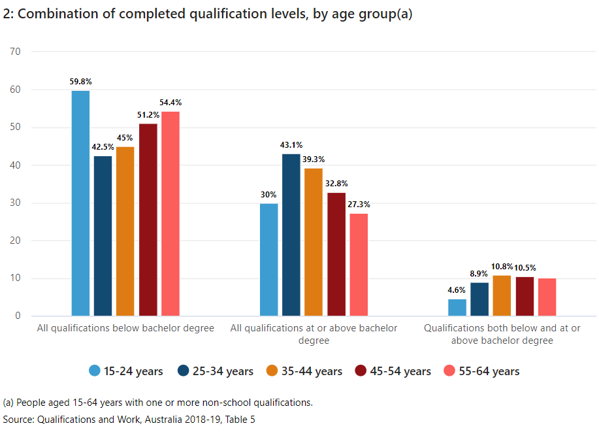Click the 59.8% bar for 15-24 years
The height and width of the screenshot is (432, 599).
click(80, 203)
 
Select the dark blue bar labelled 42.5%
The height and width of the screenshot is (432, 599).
click(103, 236)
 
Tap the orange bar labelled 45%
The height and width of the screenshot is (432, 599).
click(125, 231)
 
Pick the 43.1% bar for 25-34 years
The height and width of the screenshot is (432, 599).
click(291, 235)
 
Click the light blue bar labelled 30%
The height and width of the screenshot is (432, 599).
click(268, 259)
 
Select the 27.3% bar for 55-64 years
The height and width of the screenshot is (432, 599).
click(359, 265)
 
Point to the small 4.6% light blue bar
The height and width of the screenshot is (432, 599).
click(457, 307)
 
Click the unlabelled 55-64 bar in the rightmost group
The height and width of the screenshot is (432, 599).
click(547, 297)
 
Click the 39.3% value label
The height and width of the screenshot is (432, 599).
click(314, 159)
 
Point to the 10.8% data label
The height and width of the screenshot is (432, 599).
click(502, 266)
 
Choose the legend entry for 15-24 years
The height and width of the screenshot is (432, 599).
click(125, 371)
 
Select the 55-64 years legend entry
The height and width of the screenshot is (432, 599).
click(481, 371)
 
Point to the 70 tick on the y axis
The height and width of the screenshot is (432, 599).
click(16, 51)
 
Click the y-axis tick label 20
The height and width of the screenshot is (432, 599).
click(16, 241)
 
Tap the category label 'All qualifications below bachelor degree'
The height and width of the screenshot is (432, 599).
click(125, 328)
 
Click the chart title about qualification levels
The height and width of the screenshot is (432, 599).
click(208, 14)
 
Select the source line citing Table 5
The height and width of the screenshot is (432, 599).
click(129, 419)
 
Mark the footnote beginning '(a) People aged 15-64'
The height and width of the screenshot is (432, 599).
click(158, 403)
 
